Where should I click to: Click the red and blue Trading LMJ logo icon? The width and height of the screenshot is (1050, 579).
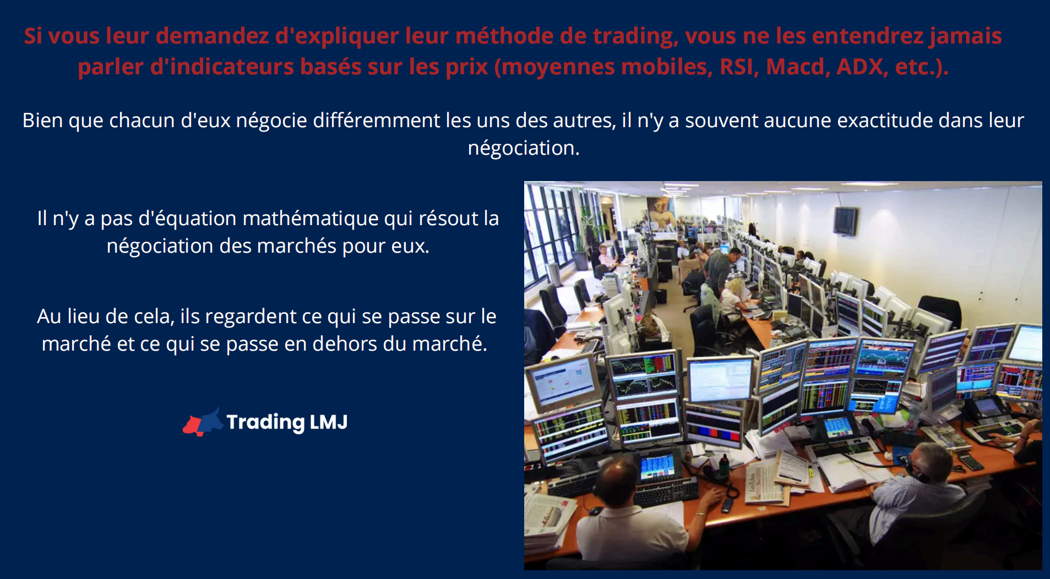[x=202, y=422]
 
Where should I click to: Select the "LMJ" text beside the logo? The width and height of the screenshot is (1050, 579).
[x=329, y=422]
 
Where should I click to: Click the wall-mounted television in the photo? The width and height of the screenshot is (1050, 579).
[x=845, y=221]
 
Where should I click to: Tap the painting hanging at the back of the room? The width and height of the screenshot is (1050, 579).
[x=660, y=211]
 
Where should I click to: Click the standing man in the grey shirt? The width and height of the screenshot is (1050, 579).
[x=719, y=270]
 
